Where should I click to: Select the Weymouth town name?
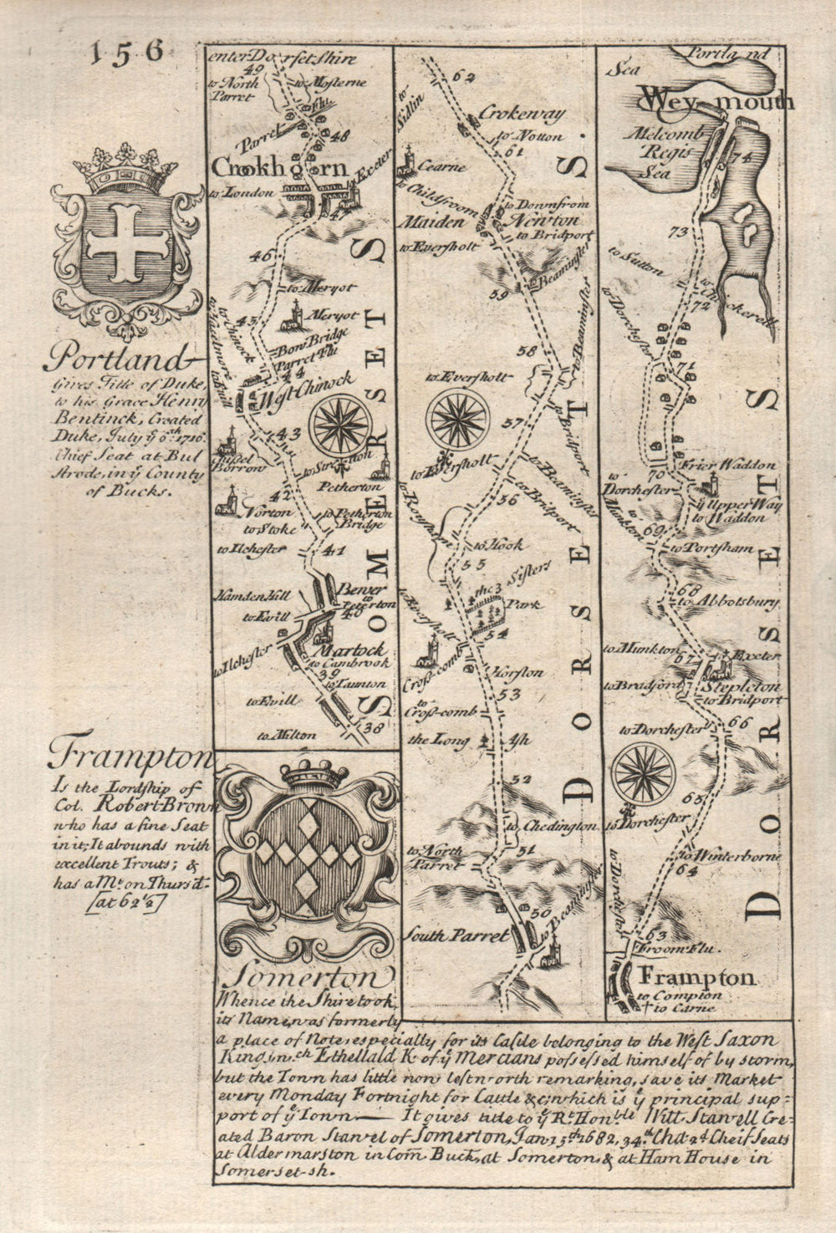[x=716, y=102]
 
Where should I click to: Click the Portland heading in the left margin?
[x=113, y=359]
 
